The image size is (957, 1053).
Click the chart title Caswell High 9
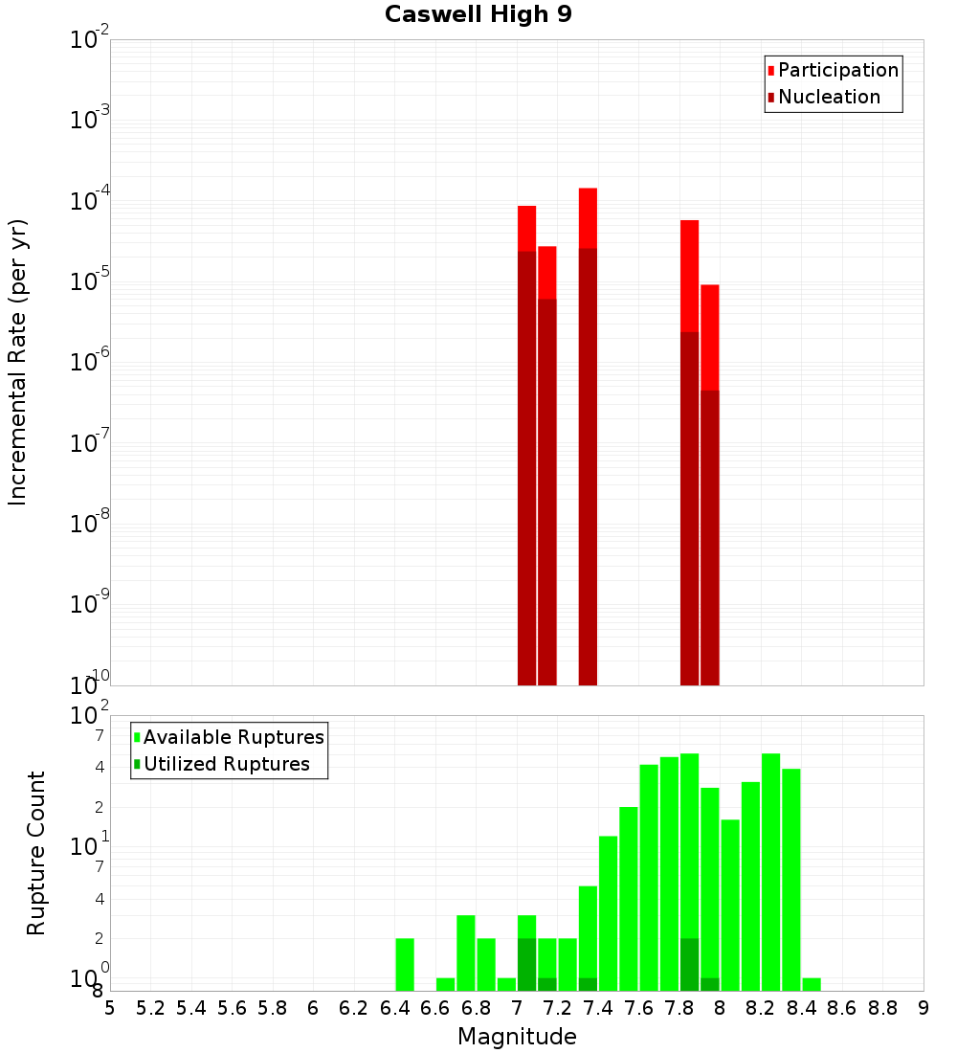pyautogui.click(x=478, y=15)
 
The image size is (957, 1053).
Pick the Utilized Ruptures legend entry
pyautogui.click(x=225, y=764)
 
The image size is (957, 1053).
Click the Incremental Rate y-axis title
pyautogui.click(x=18, y=362)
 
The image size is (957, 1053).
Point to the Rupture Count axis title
pyautogui.click(x=36, y=853)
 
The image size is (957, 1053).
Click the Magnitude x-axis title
pyautogui.click(x=517, y=1036)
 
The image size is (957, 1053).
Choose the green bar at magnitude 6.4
pyautogui.click(x=405, y=964)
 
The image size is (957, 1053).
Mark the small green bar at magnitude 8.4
pyautogui.click(x=812, y=984)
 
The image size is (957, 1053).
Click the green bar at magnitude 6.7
pyautogui.click(x=466, y=952)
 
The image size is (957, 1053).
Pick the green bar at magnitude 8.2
pyautogui.click(x=770, y=871)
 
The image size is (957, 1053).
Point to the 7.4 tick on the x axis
pyautogui.click(x=598, y=1007)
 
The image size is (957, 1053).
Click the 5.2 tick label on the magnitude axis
pyautogui.click(x=151, y=1007)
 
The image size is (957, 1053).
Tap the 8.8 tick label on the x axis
pyautogui.click(x=882, y=1007)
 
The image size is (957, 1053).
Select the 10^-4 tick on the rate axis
pyautogui.click(x=90, y=202)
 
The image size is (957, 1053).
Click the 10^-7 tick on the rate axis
pyautogui.click(x=90, y=443)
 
